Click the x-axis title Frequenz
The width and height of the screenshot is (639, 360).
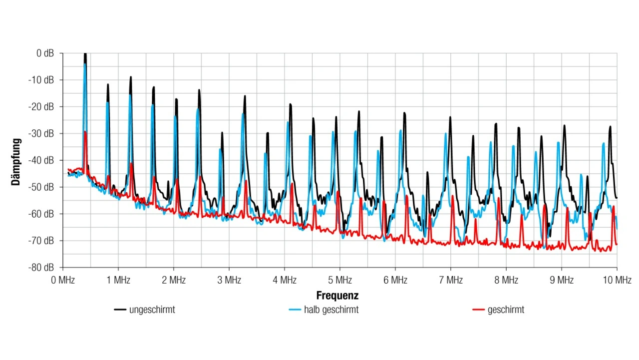tap(337, 296)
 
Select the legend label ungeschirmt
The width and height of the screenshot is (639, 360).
tap(152, 310)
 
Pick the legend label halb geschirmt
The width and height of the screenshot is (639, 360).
tap(331, 310)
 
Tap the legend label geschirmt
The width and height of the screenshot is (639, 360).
tap(506, 310)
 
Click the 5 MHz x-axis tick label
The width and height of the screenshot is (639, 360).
tap(340, 280)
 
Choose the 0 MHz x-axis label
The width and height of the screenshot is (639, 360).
tap(63, 280)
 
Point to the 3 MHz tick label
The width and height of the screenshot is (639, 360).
tap(229, 280)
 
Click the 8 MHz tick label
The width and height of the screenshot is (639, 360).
tap(506, 280)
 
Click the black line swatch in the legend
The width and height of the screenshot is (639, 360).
tap(120, 310)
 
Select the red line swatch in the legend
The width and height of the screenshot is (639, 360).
tap(478, 310)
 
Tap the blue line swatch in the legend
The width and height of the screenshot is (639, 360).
tap(295, 310)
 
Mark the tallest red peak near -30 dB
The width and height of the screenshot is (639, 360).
tap(86, 133)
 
